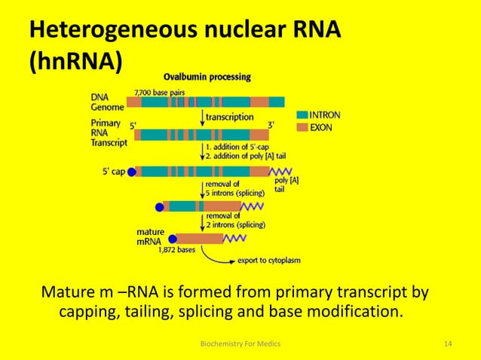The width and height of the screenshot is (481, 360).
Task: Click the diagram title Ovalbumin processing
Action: tap(207, 77)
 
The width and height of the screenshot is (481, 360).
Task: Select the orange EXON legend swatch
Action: tap(302, 127)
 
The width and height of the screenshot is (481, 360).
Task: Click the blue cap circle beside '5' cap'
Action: tap(131, 172)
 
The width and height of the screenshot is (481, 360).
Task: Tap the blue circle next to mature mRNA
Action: tap(173, 239)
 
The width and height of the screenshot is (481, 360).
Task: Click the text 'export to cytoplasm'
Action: tap(268, 260)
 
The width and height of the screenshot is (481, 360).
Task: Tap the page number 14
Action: tap(448, 344)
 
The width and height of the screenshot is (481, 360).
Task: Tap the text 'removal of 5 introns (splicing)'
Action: tap(234, 189)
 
